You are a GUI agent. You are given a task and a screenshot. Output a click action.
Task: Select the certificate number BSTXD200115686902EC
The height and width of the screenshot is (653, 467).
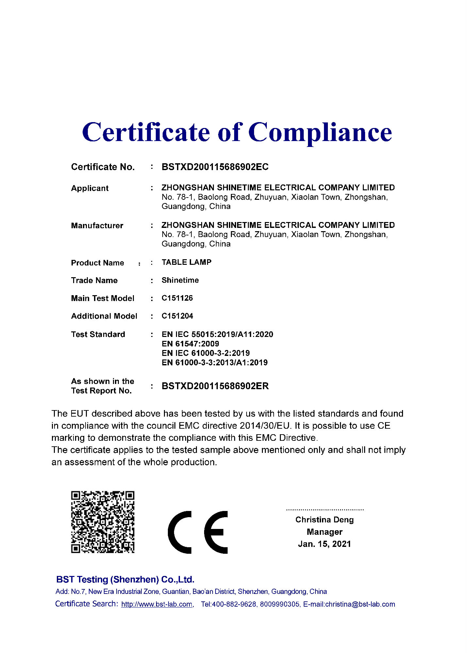[215, 167]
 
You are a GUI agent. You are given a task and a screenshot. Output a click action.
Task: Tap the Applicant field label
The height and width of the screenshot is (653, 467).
[90, 188]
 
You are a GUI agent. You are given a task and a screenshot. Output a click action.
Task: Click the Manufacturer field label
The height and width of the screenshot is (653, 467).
[97, 226]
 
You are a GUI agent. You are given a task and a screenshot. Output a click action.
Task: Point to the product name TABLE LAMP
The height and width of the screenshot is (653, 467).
[186, 262]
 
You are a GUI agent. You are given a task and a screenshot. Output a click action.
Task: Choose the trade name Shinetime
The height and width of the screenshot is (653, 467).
[180, 280]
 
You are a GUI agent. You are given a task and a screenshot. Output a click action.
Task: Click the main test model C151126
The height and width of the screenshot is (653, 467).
[177, 298]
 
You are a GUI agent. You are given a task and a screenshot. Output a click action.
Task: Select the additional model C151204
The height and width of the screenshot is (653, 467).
[177, 316]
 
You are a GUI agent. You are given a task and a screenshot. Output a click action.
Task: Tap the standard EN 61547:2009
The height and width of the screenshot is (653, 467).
[190, 343]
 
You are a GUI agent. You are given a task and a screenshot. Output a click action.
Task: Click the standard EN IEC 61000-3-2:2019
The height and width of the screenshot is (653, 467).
[206, 353]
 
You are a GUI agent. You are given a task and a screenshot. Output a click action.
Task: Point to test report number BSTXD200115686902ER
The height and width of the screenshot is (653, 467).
[215, 386]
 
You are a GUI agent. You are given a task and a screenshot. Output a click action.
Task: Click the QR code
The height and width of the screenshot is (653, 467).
[103, 522]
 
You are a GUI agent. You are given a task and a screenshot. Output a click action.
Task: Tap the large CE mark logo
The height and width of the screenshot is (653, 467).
[198, 532]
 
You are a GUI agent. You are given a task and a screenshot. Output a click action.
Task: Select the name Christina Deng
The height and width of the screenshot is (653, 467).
[324, 519]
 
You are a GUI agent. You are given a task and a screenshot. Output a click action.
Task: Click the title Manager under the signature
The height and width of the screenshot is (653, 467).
[324, 532]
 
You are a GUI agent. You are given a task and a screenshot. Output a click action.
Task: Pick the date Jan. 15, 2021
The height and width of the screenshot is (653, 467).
[324, 544]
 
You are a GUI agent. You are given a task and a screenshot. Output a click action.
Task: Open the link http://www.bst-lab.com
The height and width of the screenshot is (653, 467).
[157, 604]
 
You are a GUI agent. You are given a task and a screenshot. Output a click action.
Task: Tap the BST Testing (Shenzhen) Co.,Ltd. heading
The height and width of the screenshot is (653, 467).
[125, 580]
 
